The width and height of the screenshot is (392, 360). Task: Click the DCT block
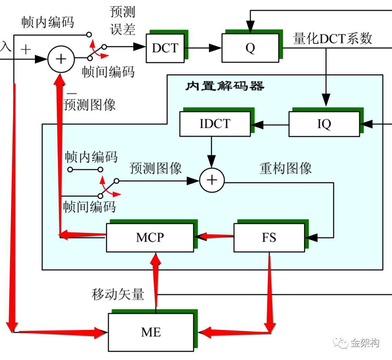[x=165, y=48]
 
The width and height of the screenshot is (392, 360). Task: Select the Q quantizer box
[x=250, y=48]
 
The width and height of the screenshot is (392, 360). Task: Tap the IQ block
[x=324, y=124]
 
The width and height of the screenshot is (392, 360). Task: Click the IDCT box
[x=215, y=124]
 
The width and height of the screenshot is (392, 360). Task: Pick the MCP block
[x=150, y=238]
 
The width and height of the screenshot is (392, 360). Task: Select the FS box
[x=269, y=238]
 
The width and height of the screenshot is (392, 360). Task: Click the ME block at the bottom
[x=151, y=332]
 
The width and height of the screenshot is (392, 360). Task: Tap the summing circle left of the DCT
[x=61, y=59]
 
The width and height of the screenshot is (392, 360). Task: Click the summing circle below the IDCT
[x=212, y=180]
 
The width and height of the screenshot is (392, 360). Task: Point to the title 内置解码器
[x=225, y=86]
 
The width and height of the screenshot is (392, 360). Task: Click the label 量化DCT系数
[x=333, y=38]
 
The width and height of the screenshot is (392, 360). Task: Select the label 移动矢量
[x=118, y=294]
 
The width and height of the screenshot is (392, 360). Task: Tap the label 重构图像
[x=285, y=168]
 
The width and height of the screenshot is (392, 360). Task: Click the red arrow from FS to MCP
[x=214, y=237]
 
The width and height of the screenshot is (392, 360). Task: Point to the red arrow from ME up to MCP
[x=156, y=280]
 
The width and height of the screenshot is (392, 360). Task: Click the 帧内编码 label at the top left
[x=47, y=22]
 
